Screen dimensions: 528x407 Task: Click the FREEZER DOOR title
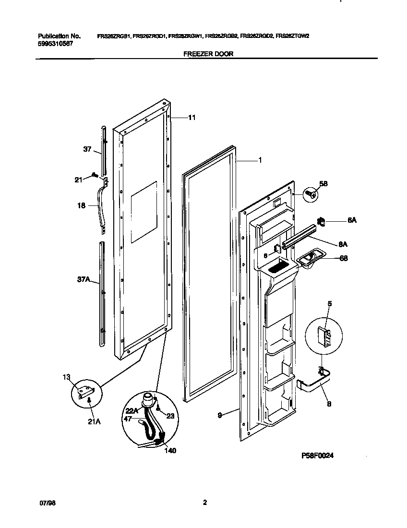click(208, 54)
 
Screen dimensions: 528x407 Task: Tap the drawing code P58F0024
click(317, 456)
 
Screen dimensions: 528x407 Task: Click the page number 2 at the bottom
click(204, 503)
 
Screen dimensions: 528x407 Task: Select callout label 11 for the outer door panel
click(192, 118)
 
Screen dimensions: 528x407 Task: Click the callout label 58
click(323, 183)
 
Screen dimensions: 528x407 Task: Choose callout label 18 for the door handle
click(81, 206)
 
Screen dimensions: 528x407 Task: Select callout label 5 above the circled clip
click(330, 304)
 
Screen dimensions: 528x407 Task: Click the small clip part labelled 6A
click(322, 222)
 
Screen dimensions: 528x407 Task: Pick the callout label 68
click(344, 258)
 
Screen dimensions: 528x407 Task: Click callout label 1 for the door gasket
click(260, 161)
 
